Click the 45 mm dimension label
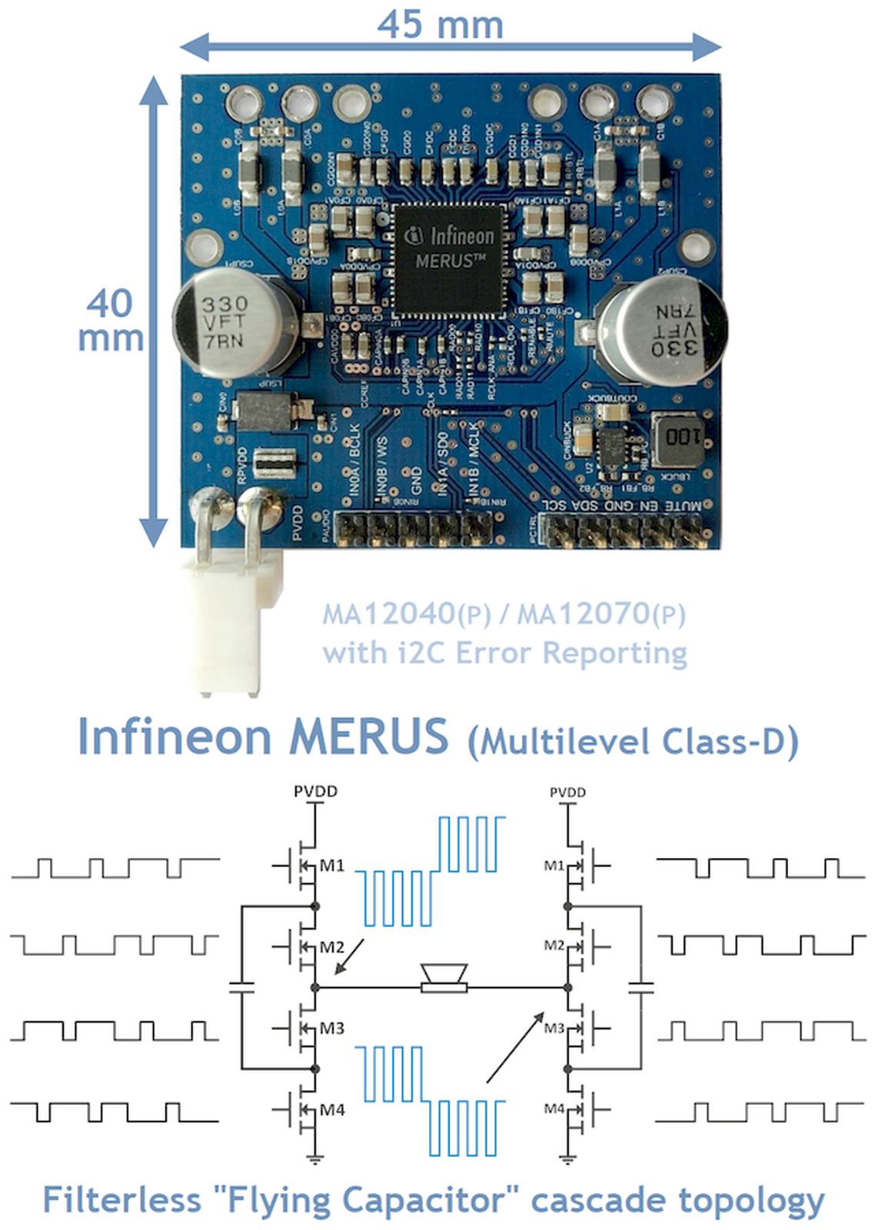click(x=440, y=25)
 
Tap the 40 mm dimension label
click(x=111, y=321)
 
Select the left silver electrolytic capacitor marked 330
click(x=231, y=321)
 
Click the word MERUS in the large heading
click(x=368, y=736)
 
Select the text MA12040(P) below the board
click(x=406, y=615)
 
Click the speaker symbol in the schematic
click(x=444, y=978)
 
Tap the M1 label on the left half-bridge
click(x=332, y=866)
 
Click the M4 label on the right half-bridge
click(x=554, y=1109)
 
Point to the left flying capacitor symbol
click(x=241, y=987)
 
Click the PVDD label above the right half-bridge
click(x=567, y=793)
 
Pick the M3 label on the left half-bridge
click(x=332, y=1029)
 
